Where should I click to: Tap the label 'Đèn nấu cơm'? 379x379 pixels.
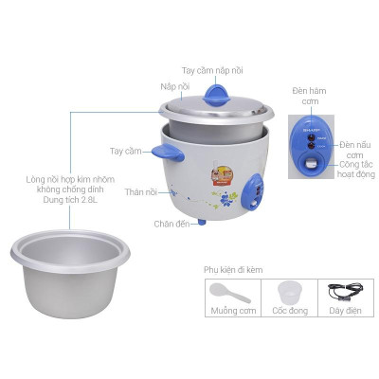(x=354, y=149)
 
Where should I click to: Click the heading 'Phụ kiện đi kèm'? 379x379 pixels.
(x=234, y=269)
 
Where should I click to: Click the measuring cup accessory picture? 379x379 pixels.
(x=291, y=294)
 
